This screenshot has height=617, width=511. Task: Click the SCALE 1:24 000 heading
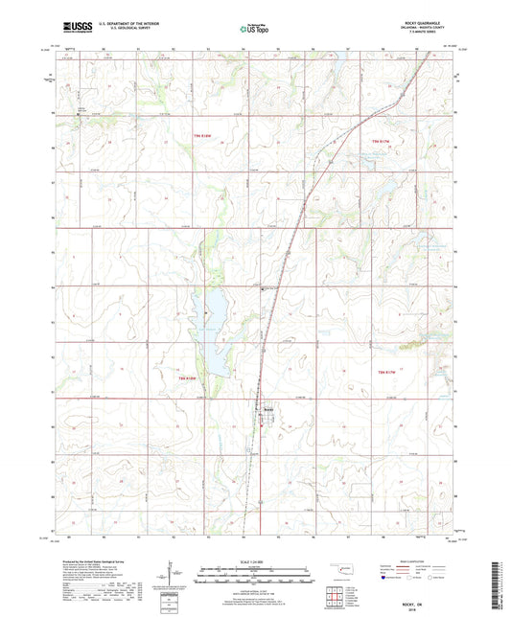pos(253,560)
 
